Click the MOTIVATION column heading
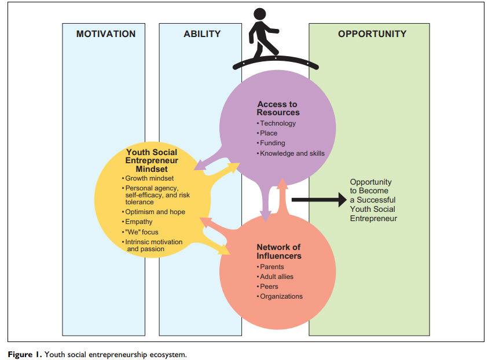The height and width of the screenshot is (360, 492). [105, 34]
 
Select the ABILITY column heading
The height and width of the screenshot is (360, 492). [202, 34]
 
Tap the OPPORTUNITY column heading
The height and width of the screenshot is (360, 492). [372, 34]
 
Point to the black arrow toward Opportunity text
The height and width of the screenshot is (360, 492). [318, 200]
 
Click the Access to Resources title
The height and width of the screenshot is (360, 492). [278, 108]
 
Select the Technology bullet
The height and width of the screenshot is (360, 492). [277, 123]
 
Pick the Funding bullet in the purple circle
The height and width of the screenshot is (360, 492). [272, 143]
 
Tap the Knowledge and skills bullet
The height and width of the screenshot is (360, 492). [292, 153]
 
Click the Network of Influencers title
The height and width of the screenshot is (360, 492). [279, 251]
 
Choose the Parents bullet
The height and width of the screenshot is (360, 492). [271, 267]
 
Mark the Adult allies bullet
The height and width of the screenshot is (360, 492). [276, 277]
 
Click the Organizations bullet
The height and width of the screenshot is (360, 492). [281, 296]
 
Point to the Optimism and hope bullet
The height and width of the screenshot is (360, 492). [155, 212]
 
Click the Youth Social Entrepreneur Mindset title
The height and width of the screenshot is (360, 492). [152, 160]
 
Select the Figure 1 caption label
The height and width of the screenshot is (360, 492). [24, 354]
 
